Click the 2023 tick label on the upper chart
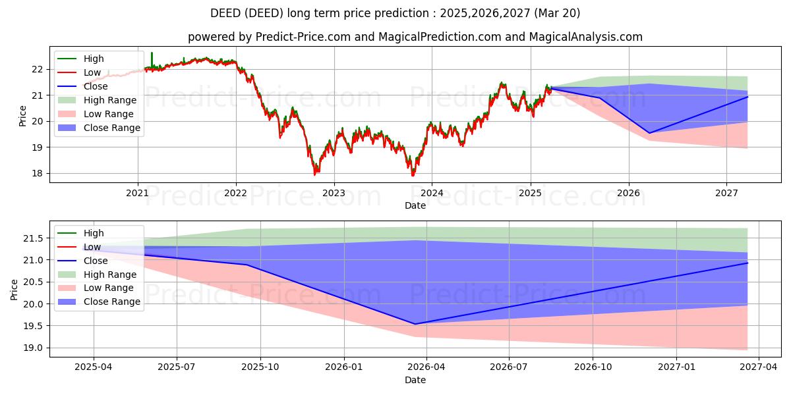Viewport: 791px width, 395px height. [x=334, y=194]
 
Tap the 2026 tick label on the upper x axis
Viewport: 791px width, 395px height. [x=628, y=194]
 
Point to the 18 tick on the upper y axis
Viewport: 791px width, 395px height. [x=38, y=174]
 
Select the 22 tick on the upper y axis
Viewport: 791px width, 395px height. [x=38, y=69]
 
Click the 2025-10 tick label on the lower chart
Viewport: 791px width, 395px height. [x=260, y=367]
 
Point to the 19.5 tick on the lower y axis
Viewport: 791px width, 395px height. [x=32, y=326]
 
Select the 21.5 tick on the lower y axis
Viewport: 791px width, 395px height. [x=32, y=238]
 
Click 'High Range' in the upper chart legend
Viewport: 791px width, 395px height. [x=110, y=100]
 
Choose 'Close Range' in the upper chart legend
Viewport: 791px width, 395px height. [x=112, y=128]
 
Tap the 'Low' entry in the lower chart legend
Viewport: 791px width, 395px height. [x=92, y=247]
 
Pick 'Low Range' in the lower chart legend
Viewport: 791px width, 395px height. [x=109, y=288]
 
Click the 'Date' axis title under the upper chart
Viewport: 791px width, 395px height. [x=415, y=205]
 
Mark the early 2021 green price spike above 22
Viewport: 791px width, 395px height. [x=152, y=54]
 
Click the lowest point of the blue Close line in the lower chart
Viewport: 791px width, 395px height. [x=415, y=324]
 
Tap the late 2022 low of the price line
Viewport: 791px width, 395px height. [x=315, y=174]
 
